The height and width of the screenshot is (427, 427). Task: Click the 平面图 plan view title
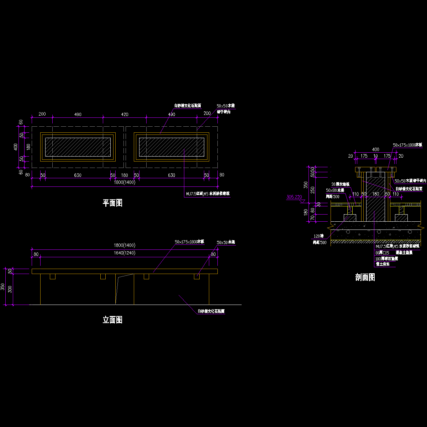click(112, 203)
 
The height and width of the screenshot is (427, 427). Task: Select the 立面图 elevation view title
click(112, 320)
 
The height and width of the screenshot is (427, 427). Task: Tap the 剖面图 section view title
click(365, 278)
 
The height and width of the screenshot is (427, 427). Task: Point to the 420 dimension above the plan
click(125, 115)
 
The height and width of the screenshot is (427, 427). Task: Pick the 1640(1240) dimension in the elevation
click(125, 253)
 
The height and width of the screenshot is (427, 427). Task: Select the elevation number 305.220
click(294, 196)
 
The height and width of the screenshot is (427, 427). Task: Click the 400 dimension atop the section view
click(375, 150)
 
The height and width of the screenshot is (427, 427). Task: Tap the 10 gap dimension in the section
click(375, 156)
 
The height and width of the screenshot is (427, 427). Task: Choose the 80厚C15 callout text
click(383, 253)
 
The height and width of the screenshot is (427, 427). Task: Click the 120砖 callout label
click(318, 236)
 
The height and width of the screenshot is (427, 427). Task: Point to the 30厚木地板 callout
click(340, 184)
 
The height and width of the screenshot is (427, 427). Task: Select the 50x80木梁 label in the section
click(335, 190)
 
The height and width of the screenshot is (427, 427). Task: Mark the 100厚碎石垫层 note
click(386, 259)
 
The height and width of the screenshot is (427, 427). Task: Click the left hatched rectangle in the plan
click(78, 147)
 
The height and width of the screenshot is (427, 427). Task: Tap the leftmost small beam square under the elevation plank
click(53, 276)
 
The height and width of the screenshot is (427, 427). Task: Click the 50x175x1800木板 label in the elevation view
click(189, 242)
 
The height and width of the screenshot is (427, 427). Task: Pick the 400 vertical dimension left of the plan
click(16, 147)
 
